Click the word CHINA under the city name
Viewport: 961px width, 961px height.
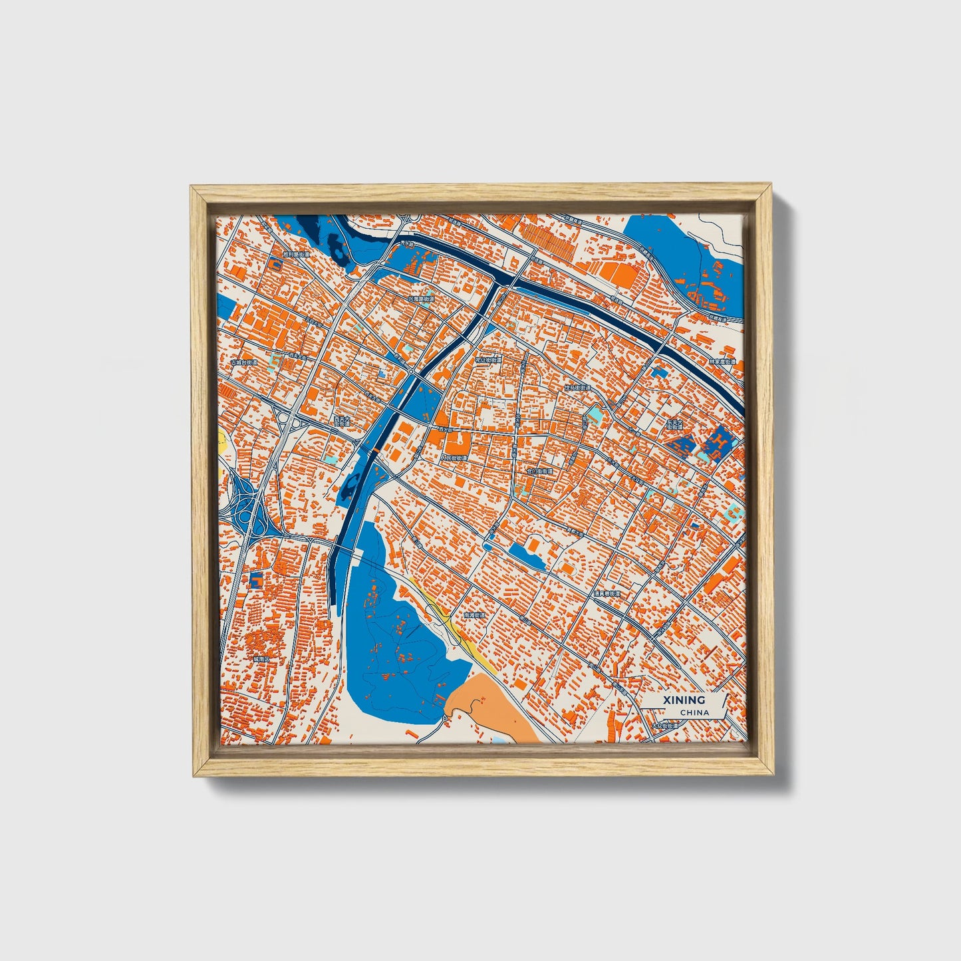click(694, 713)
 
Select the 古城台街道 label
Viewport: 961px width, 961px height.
click(244, 362)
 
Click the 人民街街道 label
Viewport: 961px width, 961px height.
click(454, 458)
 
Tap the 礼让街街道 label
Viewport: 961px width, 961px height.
click(489, 360)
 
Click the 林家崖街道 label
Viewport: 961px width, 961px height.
click(723, 362)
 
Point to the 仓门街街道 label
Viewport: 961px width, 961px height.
click(539, 471)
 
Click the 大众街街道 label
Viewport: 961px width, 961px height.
click(665, 726)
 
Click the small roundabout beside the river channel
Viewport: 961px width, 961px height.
click(412, 370)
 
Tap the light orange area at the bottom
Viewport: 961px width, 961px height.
click(492, 705)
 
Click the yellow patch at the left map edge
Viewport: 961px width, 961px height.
click(221, 440)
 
